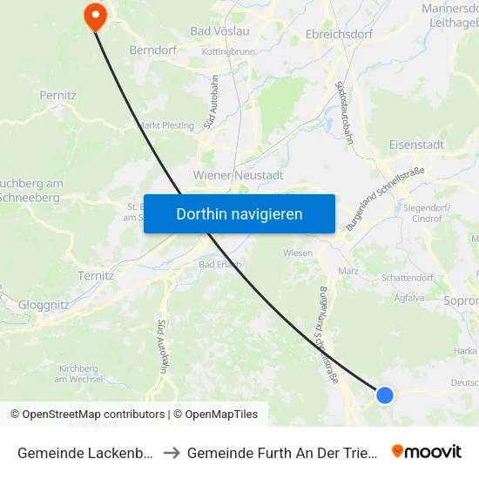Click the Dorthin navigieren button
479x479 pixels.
tap(239, 213)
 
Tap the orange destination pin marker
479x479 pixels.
tap(93, 15)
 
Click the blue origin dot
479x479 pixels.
tap(385, 395)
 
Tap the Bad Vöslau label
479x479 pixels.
tap(219, 31)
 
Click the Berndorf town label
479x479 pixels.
tap(153, 51)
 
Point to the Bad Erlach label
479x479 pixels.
tap(219, 265)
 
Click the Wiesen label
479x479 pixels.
tap(298, 253)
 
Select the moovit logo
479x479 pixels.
tap(427, 451)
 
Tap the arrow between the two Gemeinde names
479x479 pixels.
tap(172, 452)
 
